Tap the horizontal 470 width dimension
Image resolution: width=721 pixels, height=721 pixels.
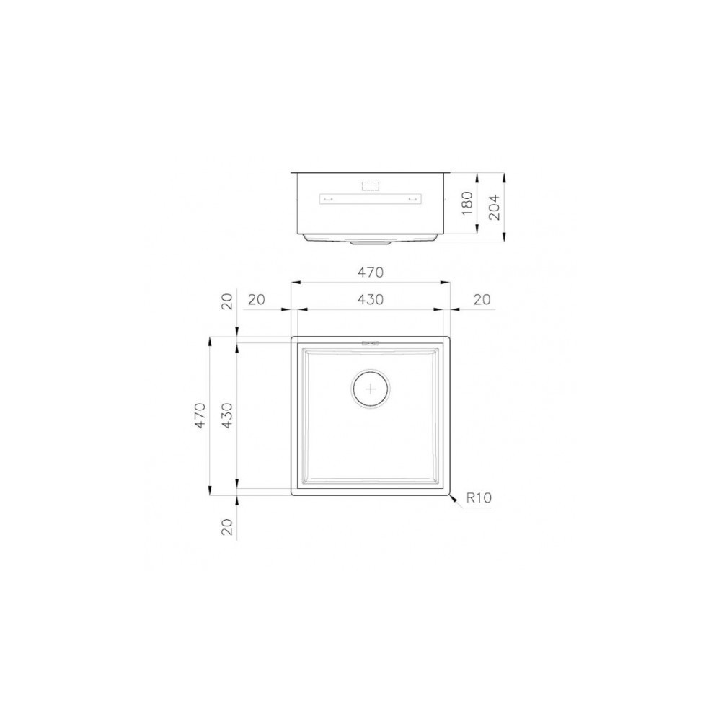[x=370, y=273]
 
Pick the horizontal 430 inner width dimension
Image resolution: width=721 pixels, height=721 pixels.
[x=370, y=299]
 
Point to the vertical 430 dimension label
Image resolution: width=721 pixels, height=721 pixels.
[x=228, y=416]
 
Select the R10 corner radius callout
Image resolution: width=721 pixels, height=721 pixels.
[x=478, y=497]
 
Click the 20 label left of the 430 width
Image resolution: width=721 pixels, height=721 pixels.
[x=255, y=299]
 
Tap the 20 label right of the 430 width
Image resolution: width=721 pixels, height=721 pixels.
[x=482, y=299]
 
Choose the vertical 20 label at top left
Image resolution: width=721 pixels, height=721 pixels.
[x=228, y=302]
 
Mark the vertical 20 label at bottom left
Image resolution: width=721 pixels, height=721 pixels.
[x=228, y=526]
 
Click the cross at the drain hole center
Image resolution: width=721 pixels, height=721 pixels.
[x=371, y=389]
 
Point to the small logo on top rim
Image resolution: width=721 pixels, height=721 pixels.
[x=371, y=342]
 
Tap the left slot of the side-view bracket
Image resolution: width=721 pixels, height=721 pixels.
[x=327, y=198]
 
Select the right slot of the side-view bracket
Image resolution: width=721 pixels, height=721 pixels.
[x=413, y=198]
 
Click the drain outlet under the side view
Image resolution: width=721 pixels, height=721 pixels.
[x=371, y=243]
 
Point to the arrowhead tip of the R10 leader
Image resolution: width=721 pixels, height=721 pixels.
[x=449, y=496]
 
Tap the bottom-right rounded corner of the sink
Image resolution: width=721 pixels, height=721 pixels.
[x=448, y=495]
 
